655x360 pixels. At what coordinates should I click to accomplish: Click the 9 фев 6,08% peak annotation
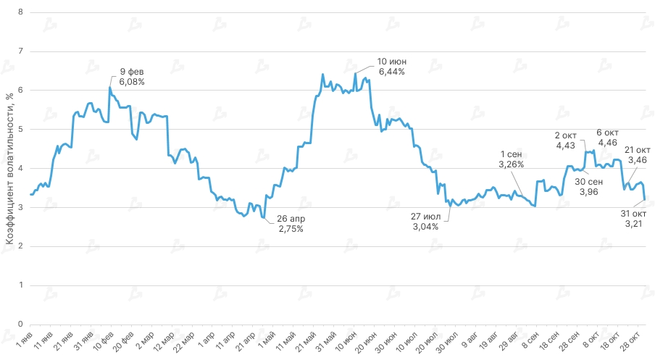132,76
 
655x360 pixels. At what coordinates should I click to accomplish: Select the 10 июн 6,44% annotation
391,66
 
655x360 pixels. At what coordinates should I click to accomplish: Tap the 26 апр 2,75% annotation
290,223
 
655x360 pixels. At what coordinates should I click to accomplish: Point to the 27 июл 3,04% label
426,221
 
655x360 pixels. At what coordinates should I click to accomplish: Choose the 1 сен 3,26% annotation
512,159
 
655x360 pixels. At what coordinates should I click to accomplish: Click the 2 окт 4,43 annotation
566,141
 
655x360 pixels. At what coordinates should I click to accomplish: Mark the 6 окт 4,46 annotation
608,138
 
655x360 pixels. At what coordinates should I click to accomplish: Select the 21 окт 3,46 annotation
637,154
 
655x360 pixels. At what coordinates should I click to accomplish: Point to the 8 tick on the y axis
20,12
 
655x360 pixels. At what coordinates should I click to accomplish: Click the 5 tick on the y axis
20,129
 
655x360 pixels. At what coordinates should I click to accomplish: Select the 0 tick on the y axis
20,324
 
